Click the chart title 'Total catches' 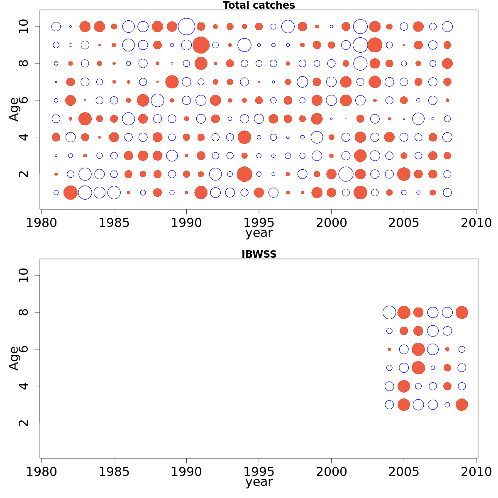[x=259, y=5]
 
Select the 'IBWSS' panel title [x=259, y=254]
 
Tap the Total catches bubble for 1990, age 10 [x=186, y=27]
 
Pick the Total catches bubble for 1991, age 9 [x=201, y=45]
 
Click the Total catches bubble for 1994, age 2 [x=244, y=174]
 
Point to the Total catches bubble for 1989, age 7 [x=172, y=82]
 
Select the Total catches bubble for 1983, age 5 [x=85, y=119]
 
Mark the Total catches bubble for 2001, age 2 [x=346, y=174]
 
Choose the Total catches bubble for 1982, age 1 [x=71, y=193]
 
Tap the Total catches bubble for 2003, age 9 [x=375, y=45]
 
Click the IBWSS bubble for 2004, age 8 [x=389, y=312]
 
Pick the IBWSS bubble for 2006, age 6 [x=418, y=349]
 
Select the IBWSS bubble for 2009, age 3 [x=462, y=405]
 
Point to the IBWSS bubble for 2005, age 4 [x=404, y=386]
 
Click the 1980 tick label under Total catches [x=41, y=223]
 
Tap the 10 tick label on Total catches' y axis [x=24, y=27]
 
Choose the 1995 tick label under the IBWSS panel [x=259, y=472]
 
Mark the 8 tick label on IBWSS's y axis [x=24, y=312]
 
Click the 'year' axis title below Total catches [x=259, y=233]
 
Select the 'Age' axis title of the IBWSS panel [x=14, y=358]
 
